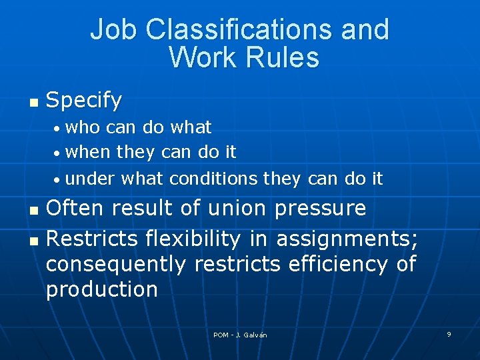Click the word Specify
tap(84, 101)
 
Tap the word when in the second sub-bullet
tap(89, 153)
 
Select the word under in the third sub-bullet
tap(91, 179)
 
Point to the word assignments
tap(347, 238)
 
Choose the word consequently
tap(117, 264)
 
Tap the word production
tap(102, 290)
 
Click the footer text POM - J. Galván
tap(240, 335)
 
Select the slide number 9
tap(449, 334)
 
